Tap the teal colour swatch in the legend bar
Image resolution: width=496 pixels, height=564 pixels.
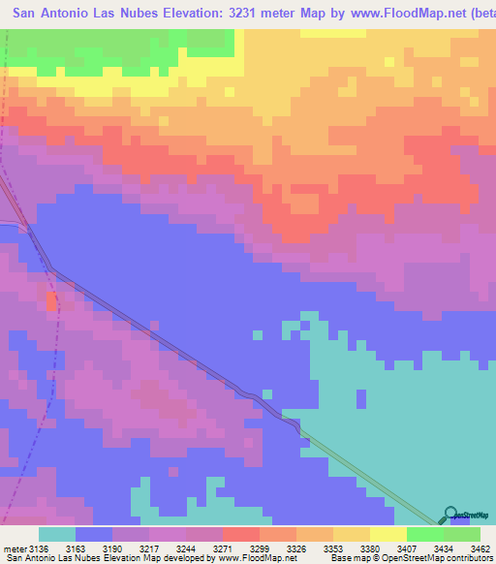pos(57,535)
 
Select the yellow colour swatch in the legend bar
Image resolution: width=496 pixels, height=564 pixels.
pos(387,535)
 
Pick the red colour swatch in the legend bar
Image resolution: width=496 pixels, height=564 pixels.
pos(240,535)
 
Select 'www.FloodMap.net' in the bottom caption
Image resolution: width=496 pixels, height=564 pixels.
pos(235,557)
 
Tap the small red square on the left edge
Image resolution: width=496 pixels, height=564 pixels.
pos(51,302)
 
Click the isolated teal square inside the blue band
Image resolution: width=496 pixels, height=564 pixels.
pos(257,335)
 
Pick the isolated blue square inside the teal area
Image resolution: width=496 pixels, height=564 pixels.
pos(360,398)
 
